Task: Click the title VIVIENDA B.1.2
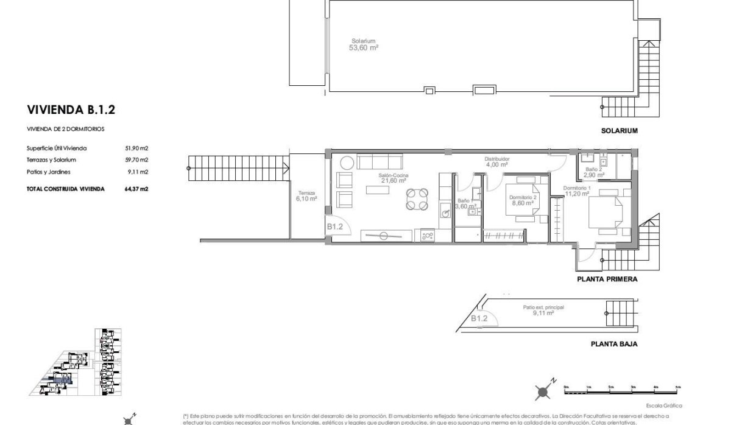(x=71, y=110)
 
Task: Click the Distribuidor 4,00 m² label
(x=496, y=161)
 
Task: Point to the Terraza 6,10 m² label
(x=306, y=195)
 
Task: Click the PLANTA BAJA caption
(x=613, y=344)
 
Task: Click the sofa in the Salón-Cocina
(x=379, y=163)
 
